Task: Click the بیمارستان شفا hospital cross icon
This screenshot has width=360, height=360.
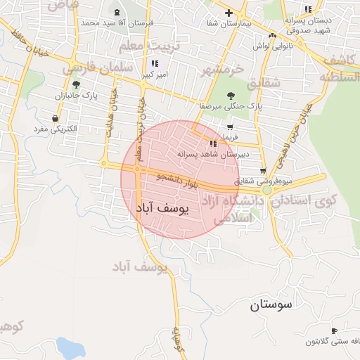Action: (229, 13)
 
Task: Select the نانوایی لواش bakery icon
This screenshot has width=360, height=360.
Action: (273, 35)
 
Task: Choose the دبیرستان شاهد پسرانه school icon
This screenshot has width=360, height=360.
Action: (212, 143)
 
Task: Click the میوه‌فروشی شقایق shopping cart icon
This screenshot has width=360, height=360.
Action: (263, 171)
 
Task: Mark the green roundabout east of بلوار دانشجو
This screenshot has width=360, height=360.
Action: (266, 190)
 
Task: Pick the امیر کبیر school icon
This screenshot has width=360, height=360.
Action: (155, 63)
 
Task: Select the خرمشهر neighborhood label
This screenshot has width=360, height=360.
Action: (224, 69)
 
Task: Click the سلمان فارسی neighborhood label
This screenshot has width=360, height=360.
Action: (98, 68)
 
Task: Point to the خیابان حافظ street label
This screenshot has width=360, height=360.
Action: (21, 42)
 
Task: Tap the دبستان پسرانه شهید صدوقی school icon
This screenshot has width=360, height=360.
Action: (307, 9)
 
